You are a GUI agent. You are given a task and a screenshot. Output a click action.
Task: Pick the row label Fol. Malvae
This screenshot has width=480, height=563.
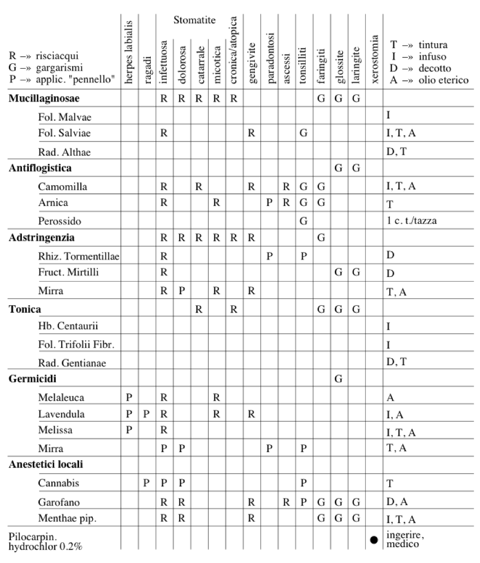click(x=61, y=116)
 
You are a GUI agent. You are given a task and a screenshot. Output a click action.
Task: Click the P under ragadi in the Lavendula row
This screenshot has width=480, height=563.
click(x=146, y=414)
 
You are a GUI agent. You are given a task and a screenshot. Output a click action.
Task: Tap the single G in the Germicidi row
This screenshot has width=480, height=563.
click(x=338, y=378)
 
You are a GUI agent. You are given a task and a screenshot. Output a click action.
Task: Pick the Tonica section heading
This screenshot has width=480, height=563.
click(x=25, y=310)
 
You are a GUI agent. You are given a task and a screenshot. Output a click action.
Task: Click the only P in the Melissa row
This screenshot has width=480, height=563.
click(x=129, y=430)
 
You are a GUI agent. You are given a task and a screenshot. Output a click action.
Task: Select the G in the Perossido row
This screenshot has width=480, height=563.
click(x=303, y=222)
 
